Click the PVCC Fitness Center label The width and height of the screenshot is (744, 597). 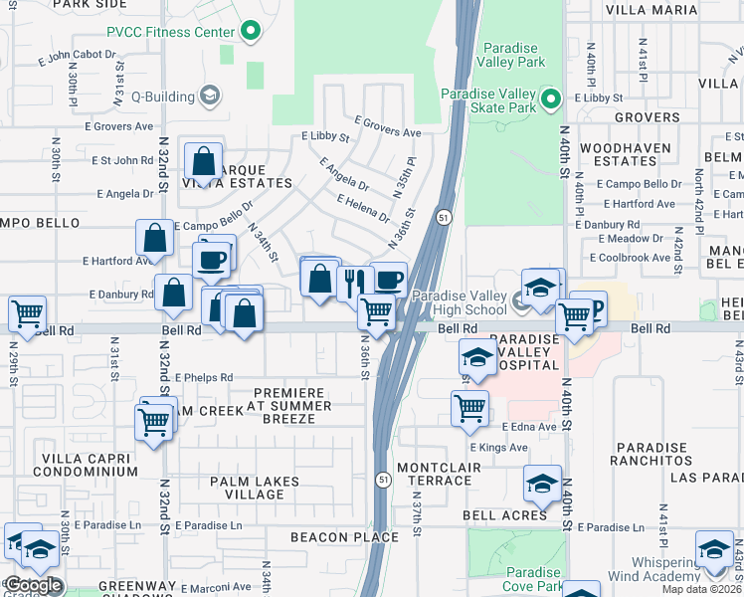coord(176,31)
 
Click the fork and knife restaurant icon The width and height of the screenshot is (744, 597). coord(352,282)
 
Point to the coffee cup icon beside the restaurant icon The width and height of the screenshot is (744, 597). coord(388,279)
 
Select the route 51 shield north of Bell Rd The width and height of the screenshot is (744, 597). coord(442,217)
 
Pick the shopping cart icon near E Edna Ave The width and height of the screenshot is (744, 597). coord(469,406)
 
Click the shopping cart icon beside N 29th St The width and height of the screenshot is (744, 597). coord(27,313)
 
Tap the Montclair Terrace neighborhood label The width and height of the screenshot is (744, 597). coord(434,474)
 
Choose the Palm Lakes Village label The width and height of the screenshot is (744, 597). coord(255,488)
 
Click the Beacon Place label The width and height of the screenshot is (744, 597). coord(333,537)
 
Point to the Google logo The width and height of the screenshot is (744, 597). coord(32,585)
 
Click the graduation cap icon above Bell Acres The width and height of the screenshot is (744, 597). coord(541,483)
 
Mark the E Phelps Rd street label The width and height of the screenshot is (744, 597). coord(204,378)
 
